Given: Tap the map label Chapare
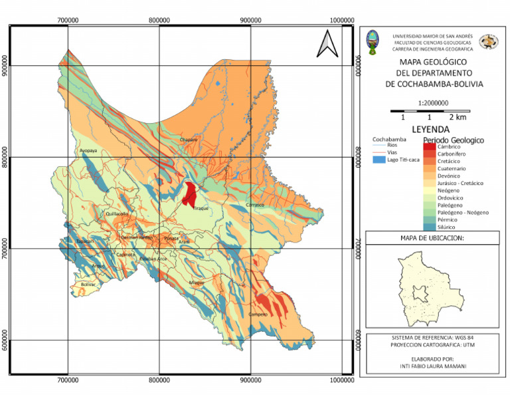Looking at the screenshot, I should (189, 140).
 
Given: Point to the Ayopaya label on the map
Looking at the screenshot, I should (88, 151).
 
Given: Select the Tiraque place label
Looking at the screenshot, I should (201, 208).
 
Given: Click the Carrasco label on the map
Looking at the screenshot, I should (256, 205).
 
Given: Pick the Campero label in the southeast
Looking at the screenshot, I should (258, 314).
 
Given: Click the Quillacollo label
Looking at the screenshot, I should (116, 214).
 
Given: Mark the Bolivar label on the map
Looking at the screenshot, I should (88, 284).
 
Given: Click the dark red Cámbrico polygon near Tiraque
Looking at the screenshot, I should (190, 194).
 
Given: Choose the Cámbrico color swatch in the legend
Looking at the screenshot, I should (430, 146).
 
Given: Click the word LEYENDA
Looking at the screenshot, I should (430, 129).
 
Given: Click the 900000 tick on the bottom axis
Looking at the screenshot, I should (251, 379).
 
